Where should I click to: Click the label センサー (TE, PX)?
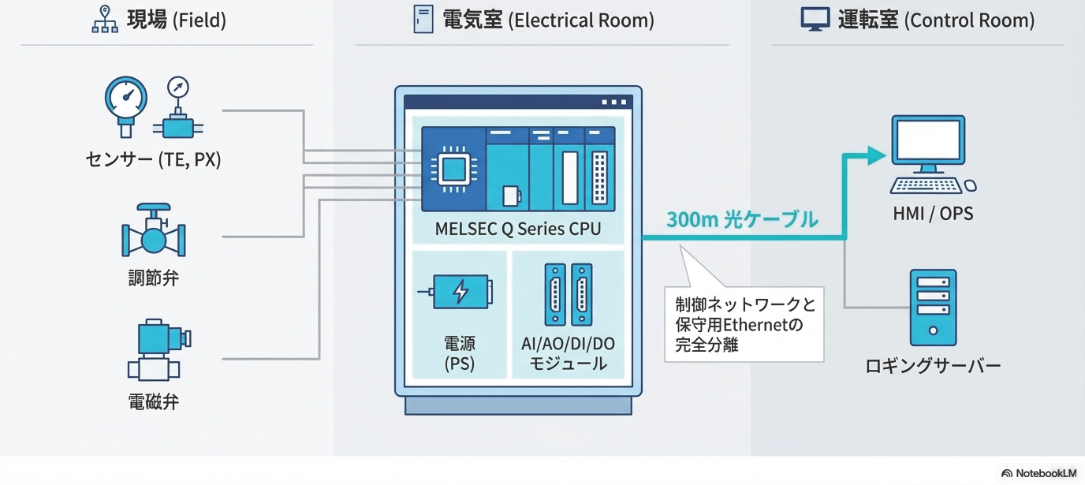(x=153, y=160)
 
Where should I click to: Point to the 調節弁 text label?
(x=154, y=278)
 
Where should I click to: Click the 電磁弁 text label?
(x=154, y=402)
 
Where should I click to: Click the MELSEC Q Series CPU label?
(x=518, y=229)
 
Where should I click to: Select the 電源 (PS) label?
(x=460, y=353)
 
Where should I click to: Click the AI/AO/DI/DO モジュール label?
(x=568, y=353)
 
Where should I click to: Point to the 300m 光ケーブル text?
(x=742, y=220)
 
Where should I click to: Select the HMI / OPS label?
(x=934, y=214)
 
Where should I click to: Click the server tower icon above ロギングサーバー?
(x=934, y=307)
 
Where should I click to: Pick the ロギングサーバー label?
(x=933, y=366)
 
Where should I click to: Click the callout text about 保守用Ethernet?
(x=744, y=323)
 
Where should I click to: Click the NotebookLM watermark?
(x=1038, y=473)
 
